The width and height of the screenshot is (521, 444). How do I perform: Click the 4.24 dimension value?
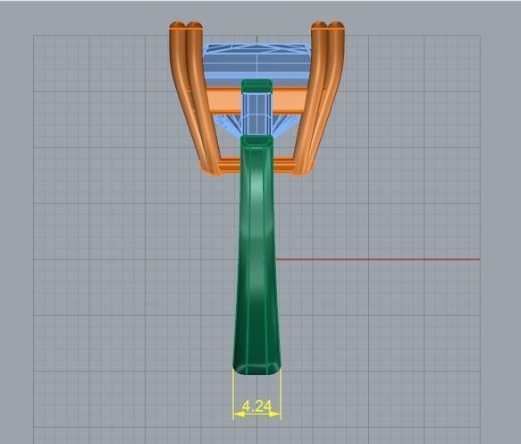tap(256, 406)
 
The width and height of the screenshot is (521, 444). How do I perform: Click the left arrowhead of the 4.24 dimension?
tap(237, 414)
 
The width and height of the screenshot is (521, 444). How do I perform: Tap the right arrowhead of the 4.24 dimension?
tap(276, 414)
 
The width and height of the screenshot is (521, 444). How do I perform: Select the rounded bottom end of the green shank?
tap(256, 366)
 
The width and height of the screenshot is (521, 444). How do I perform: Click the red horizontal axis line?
tap(375, 260)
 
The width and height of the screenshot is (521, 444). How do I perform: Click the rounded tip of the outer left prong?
tap(176, 28)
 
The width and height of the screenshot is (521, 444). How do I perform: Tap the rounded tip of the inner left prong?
tap(192, 28)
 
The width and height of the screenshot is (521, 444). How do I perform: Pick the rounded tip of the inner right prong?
tap(320, 28)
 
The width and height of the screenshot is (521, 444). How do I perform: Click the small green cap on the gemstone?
tap(256, 86)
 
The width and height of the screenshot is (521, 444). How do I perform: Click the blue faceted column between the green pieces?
tap(256, 115)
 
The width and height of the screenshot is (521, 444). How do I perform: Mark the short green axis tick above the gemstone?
tap(256, 39)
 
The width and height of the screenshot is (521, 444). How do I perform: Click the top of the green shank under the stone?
tap(256, 142)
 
